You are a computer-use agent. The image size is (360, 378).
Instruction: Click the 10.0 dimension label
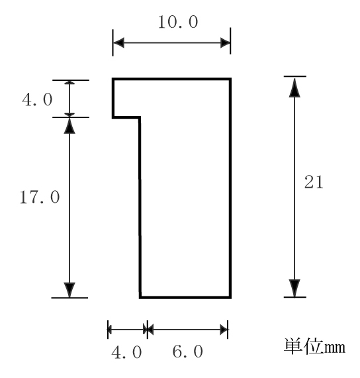(178, 22)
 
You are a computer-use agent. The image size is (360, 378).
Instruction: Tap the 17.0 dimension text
(40, 197)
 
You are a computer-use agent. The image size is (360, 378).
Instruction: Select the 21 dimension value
(314, 182)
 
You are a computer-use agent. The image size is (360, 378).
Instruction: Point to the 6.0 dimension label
(188, 351)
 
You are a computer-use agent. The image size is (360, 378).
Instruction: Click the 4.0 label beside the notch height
(37, 99)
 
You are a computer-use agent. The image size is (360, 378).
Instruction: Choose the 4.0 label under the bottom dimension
(126, 352)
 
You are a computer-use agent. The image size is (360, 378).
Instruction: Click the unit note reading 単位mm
(314, 347)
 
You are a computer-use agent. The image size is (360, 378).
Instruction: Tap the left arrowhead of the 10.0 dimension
(118, 43)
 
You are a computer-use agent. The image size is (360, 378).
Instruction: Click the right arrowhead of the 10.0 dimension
(225, 43)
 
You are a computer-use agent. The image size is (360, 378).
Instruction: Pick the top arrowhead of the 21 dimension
(294, 88)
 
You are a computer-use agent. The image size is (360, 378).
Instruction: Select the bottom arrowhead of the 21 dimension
(294, 288)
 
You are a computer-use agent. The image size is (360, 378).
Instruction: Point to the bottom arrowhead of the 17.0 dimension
(69, 290)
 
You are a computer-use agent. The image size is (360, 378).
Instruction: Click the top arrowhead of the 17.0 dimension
(69, 126)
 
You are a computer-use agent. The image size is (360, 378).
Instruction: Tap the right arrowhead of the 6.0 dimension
(224, 330)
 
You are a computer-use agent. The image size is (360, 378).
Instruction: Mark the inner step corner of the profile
(140, 117)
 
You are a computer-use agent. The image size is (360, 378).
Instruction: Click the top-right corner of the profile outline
(230, 79)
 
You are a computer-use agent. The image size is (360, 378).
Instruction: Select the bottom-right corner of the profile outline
(230, 298)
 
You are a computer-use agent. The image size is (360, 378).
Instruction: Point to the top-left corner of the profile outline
(113, 79)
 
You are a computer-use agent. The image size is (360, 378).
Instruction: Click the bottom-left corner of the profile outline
(140, 298)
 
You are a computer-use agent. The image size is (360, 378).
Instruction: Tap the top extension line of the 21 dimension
(294, 76)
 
